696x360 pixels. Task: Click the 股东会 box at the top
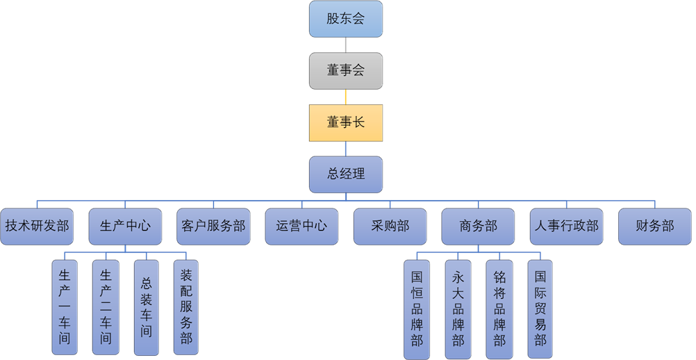[346, 19]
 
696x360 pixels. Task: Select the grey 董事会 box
[346, 70]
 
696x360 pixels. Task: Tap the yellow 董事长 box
[346, 122]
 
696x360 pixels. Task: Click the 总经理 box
[346, 174]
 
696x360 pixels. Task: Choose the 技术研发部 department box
[37, 226]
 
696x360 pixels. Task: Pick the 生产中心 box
[125, 226]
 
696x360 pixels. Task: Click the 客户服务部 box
[213, 226]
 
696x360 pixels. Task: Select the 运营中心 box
[301, 226]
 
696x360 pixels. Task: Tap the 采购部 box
[390, 226]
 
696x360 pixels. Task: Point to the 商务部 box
[478, 226]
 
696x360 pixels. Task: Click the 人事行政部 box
[566, 226]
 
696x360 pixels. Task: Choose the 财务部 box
[654, 226]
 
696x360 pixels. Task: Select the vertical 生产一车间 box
[65, 306]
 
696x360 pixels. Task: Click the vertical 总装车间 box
[146, 306]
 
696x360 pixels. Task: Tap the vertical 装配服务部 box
[186, 306]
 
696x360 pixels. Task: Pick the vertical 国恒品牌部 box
[417, 309]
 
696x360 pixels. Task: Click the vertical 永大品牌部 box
[458, 309]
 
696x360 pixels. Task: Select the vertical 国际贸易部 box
[540, 309]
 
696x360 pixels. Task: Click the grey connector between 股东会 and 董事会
[346, 44]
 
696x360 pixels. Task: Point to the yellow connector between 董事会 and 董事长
[346, 97]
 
